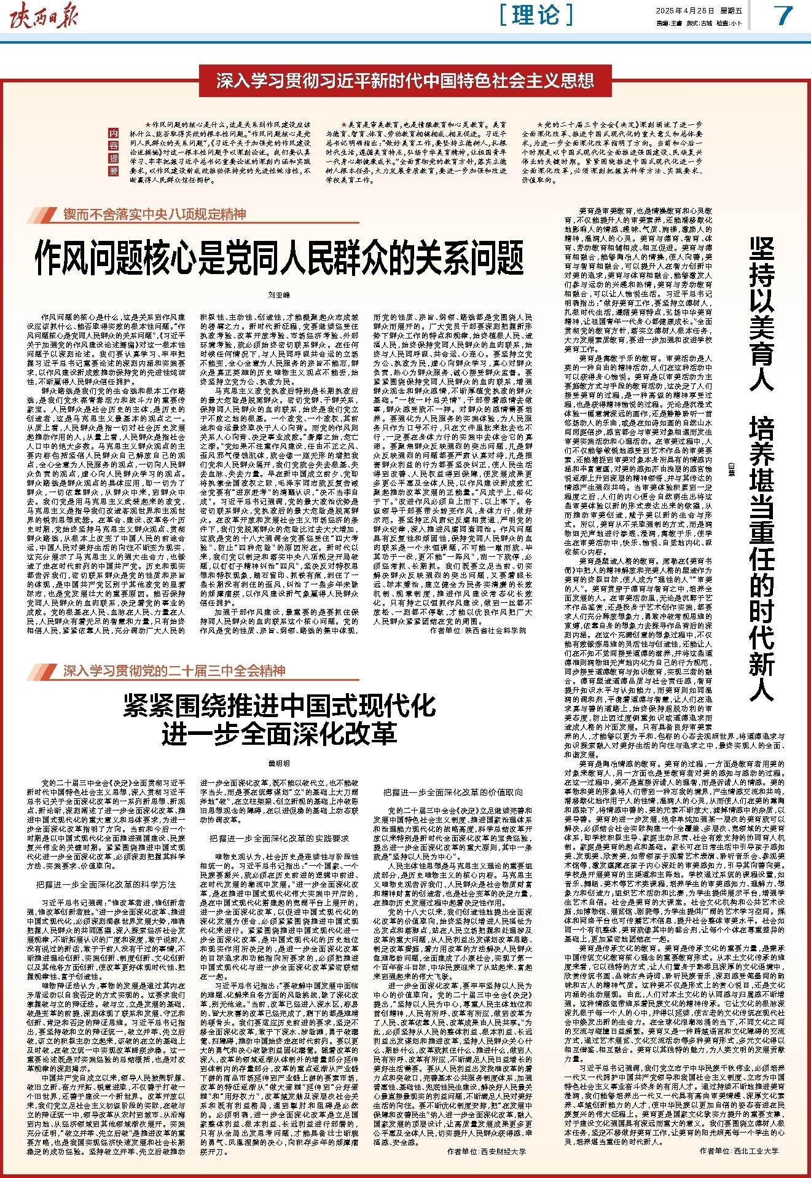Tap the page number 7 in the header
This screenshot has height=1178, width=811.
(783, 16)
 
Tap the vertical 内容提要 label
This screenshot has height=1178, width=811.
(112, 152)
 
